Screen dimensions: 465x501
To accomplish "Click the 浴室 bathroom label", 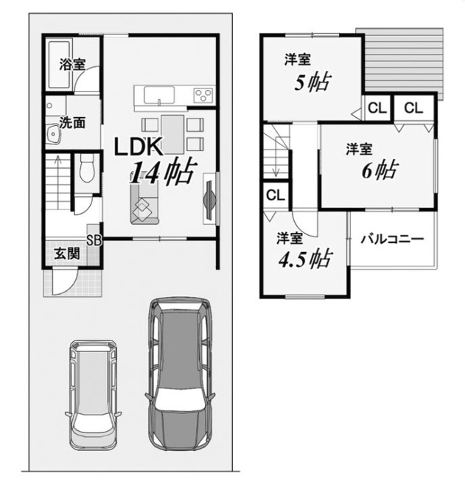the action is pos(72,64).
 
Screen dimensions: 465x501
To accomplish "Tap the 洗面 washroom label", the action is pos(72,122).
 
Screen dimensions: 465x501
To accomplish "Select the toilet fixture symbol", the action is pos(86,168).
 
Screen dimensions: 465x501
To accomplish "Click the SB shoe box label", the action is pos(94,241).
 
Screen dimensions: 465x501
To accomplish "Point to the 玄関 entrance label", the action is pos(67,254).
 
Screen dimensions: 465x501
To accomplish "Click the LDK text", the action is pos(138,147).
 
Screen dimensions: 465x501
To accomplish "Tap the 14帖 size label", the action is pos(161,172).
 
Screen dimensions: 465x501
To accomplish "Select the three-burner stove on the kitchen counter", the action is pos(203,95).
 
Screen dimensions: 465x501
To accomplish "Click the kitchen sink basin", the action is pos(159,95).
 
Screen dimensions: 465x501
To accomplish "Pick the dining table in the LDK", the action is pos(172,134).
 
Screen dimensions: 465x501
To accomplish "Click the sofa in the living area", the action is pos(144,205).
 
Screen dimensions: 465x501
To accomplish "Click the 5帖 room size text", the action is pos(312,83).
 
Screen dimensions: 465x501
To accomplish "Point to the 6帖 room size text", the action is pos(380,170).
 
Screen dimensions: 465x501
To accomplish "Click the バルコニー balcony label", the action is pos(392,239).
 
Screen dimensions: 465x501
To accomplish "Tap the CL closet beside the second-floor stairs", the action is pos(275,195).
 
